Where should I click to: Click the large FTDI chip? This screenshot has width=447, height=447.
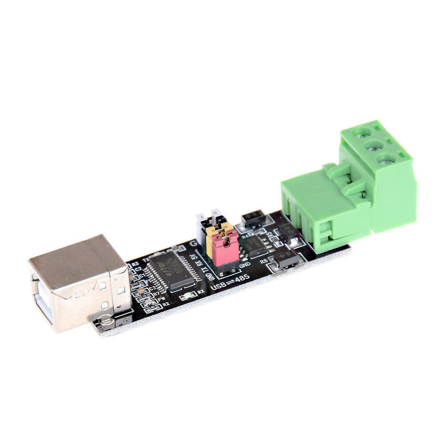coord(173,270)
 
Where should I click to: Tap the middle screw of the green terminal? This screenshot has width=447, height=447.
coord(373,146)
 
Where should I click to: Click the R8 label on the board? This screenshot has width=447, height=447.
coord(264,261)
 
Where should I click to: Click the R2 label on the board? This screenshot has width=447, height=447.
coord(166,305)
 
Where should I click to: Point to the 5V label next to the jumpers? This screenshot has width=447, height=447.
coord(194,257)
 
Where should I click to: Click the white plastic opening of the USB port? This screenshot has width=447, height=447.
coord(45,299)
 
